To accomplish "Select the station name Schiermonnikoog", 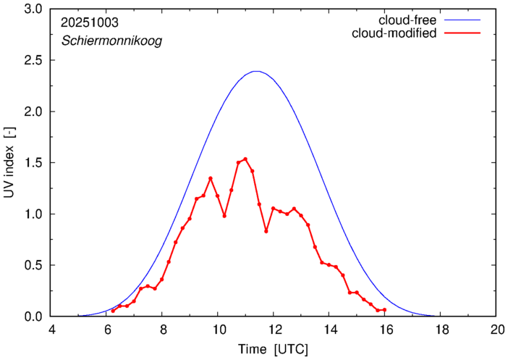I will coord(111,41).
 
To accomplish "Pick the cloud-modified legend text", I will coord(394,33).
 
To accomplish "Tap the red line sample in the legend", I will coord(464,34).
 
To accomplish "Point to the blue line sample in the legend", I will coord(464,20).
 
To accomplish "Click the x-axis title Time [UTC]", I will coord(274,349).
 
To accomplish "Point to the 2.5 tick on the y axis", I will coord(32,61).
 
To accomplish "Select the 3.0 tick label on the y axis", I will coord(32,10).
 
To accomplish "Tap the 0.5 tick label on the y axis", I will coord(32,266).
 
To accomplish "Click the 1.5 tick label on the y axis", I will coord(32,164).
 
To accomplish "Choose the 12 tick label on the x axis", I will coord(274,330).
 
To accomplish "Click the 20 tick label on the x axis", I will coord(496,330).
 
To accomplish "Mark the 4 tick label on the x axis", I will coord(51,330).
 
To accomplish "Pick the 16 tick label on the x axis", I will coord(385,330).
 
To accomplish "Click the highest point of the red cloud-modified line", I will coord(245,159).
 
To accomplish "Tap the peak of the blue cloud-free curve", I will coord(255,71).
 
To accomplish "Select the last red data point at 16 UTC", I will coord(385,310).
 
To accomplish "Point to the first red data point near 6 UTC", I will coord(113,311).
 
